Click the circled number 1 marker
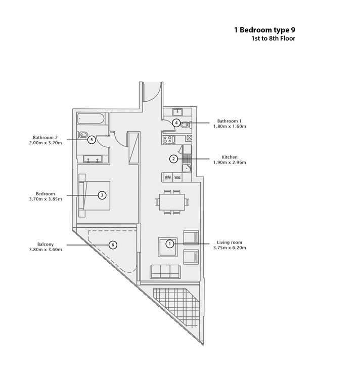tap(170, 244)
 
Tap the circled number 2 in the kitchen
tap(173, 159)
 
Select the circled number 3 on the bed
tap(102, 195)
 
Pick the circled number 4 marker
tap(176, 123)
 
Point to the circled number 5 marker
tap(92, 140)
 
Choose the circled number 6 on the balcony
tap(113, 245)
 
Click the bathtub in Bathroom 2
tap(91, 118)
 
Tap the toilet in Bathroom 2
tap(82, 135)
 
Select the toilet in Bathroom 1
tap(186, 125)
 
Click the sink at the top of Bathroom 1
tap(177, 112)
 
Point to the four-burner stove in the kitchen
tap(169, 139)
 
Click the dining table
tap(172, 202)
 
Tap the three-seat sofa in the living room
tap(165, 272)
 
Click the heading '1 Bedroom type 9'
tap(264, 30)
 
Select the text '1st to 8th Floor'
tap(273, 38)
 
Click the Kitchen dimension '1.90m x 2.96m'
tap(230, 162)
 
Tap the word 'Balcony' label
tap(46, 245)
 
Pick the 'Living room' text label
tap(230, 242)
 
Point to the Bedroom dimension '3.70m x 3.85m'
tap(46, 199)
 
